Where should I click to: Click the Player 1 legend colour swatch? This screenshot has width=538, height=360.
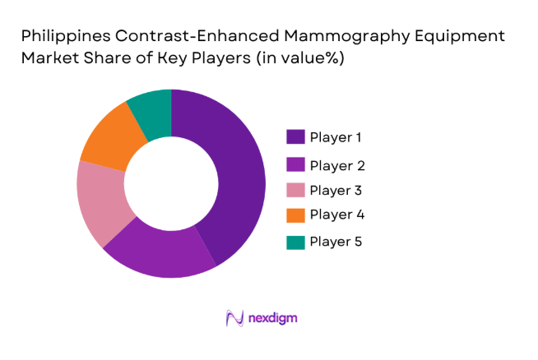click(295, 136)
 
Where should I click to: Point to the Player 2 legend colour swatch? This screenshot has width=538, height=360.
click(295, 164)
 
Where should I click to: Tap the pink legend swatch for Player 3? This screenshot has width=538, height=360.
click(295, 190)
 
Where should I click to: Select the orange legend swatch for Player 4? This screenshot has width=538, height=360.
click(295, 215)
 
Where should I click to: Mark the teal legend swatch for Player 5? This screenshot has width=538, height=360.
click(295, 242)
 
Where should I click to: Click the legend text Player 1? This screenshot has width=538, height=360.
click(336, 136)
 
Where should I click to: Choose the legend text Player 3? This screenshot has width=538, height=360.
click(336, 190)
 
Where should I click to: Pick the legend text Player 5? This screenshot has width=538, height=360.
click(336, 242)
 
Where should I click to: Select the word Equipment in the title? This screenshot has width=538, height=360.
click(464, 37)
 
